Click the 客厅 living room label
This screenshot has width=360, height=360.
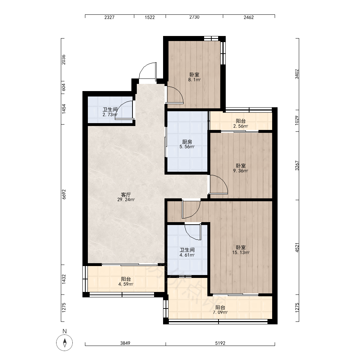point(126,195)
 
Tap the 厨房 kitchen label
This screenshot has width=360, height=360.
point(187,142)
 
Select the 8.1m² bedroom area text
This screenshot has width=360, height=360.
point(194,80)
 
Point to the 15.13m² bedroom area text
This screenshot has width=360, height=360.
point(240,253)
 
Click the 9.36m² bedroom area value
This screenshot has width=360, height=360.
point(240,171)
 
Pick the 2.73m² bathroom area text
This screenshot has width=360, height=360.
point(110,115)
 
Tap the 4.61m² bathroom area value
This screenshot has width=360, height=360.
point(187,255)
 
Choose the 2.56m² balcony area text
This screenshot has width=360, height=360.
point(240,126)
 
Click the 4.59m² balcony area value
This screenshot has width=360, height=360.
point(126,284)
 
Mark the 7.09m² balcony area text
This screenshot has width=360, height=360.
point(220,312)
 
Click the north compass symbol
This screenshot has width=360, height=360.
point(64,343)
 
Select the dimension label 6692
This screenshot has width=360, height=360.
point(64,194)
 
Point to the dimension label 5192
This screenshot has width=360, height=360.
point(220,343)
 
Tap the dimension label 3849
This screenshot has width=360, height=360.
point(125,343)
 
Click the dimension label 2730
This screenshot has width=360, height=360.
point(194,17)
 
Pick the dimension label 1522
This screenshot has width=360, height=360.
point(150,17)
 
